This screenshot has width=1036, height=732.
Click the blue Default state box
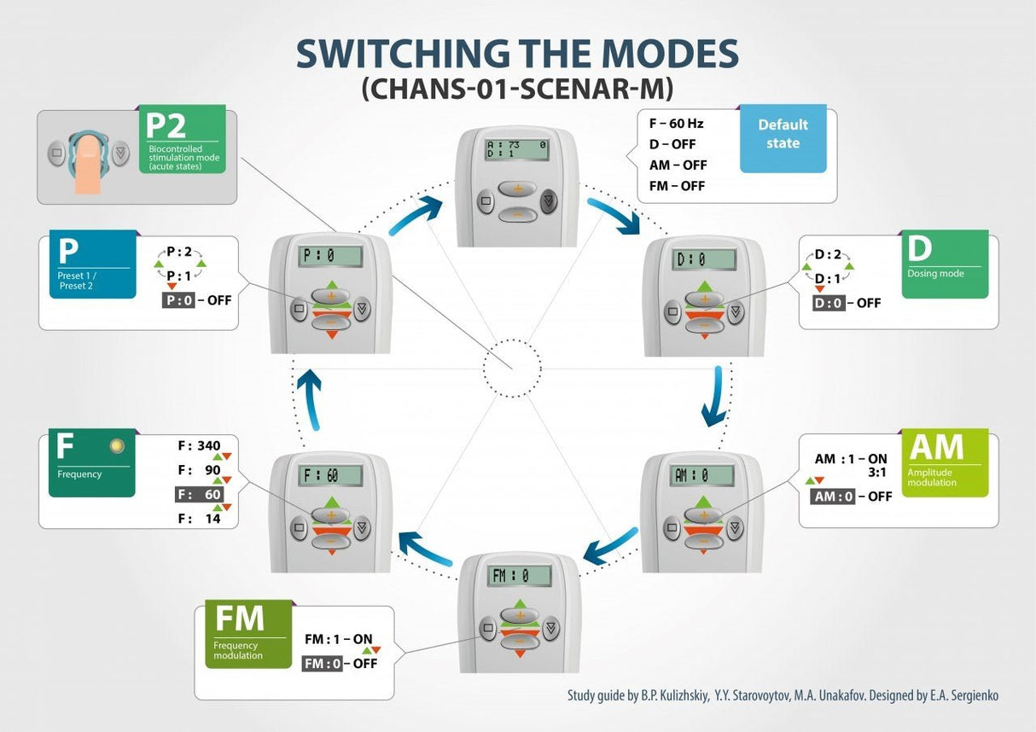pos(783,138)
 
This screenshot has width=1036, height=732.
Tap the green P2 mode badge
pos(182,139)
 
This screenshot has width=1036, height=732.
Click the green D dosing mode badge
pos(945,263)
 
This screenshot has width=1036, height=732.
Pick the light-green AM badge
pos(945,462)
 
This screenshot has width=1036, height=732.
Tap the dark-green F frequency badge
pos(92,462)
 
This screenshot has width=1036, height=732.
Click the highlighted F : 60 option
pos(198,495)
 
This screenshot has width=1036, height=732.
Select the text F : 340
pos(199,445)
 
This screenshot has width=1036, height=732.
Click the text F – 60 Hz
pos(677,124)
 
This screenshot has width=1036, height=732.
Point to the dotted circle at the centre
pos(512,369)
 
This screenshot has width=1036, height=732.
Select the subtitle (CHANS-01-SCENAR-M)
pos(517,89)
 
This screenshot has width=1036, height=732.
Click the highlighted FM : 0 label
pos(323,663)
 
